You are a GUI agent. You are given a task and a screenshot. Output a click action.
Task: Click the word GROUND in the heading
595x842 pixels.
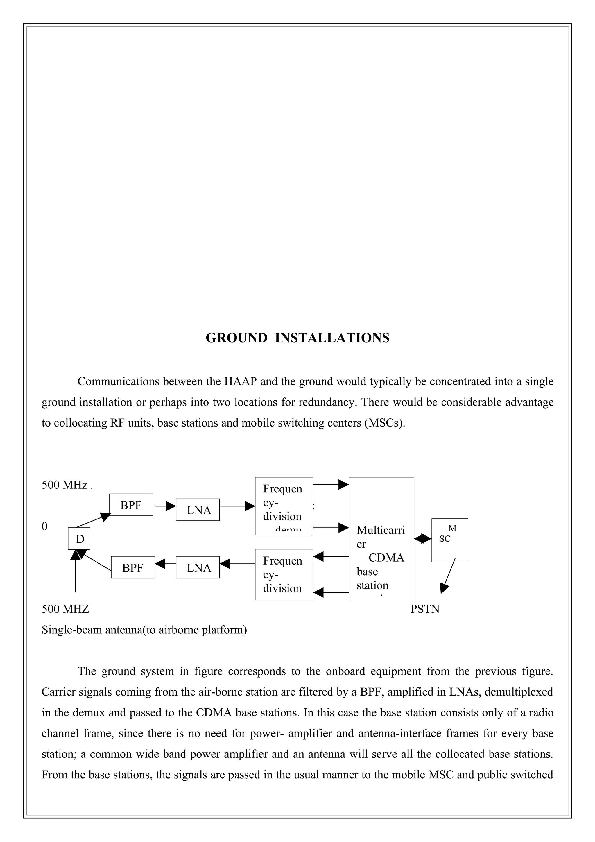pyautogui.click(x=236, y=338)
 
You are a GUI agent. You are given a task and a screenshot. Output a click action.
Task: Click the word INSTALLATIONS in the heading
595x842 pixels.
pyautogui.click(x=332, y=338)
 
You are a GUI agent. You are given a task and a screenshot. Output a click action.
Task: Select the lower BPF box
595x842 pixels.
pyautogui.click(x=133, y=567)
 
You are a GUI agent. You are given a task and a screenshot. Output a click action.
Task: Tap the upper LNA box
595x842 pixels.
pyautogui.click(x=198, y=510)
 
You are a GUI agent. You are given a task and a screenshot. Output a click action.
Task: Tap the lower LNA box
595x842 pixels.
pyautogui.click(x=198, y=567)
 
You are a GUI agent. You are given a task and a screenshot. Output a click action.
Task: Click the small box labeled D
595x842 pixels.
pyautogui.click(x=79, y=539)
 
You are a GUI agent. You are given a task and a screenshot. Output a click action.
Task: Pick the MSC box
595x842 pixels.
pyautogui.click(x=449, y=540)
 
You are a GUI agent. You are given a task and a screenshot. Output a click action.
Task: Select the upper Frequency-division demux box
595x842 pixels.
pyautogui.click(x=284, y=506)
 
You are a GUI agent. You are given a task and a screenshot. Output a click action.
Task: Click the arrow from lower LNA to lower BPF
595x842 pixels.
pyautogui.click(x=165, y=563)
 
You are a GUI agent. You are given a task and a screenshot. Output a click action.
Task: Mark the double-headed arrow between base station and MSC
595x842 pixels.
pyautogui.click(x=423, y=539)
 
